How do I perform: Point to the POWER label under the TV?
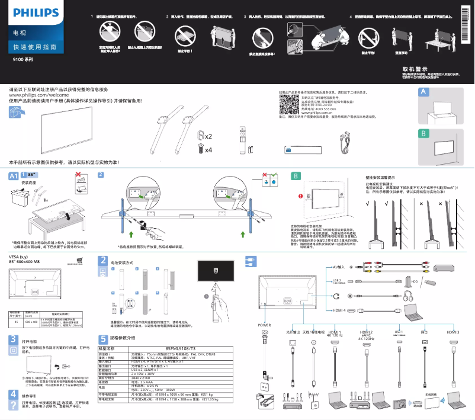264,325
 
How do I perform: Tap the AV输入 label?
339,267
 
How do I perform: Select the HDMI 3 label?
453,332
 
